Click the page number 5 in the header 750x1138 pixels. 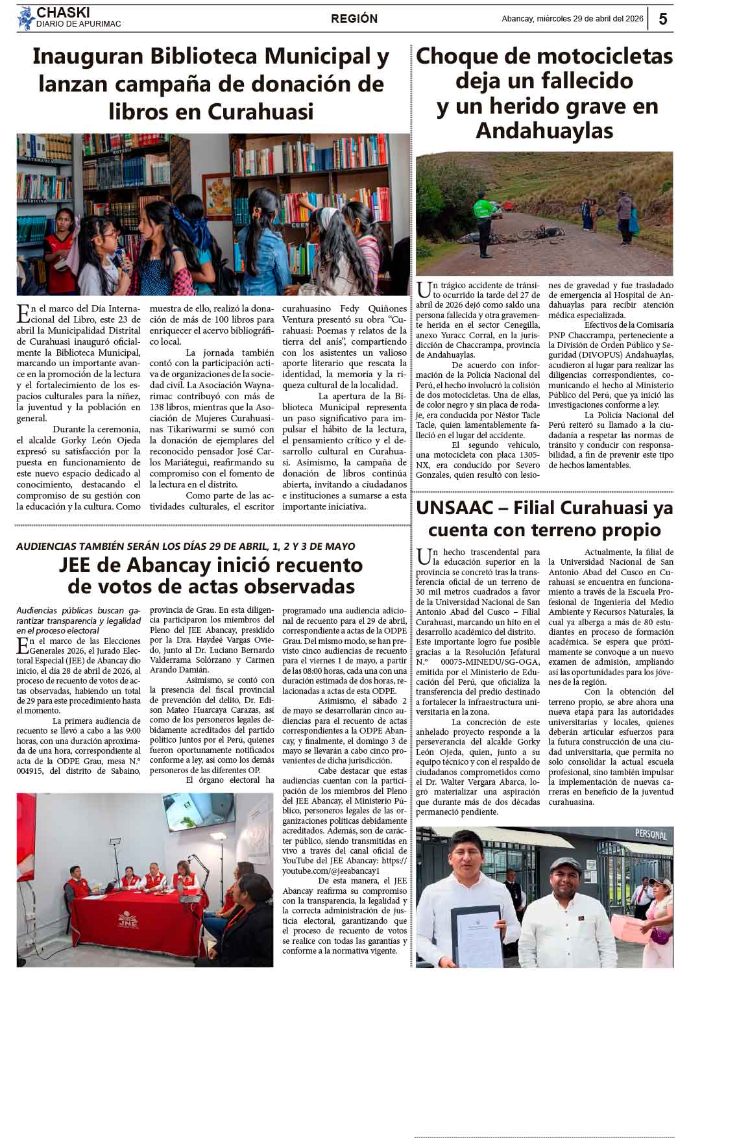coord(662,19)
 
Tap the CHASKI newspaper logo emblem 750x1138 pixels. coord(25,18)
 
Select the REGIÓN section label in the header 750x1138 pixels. coord(354,19)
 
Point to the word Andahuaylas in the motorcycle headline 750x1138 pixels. coord(544,130)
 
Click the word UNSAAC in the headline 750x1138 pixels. coord(457,508)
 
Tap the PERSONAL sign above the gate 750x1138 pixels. coord(650,834)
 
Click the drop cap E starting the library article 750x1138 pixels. coord(23,314)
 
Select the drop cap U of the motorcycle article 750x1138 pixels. coord(424,290)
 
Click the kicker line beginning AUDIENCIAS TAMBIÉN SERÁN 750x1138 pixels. coord(186,547)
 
